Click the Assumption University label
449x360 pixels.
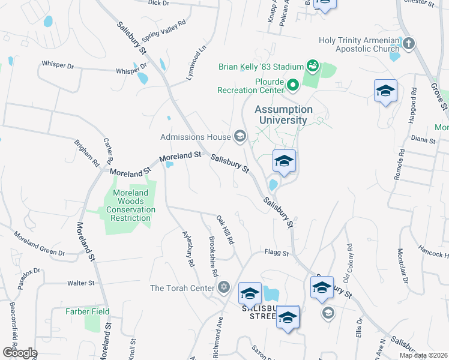283,115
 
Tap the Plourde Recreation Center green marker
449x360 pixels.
293,85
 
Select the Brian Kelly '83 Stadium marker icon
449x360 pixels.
312,65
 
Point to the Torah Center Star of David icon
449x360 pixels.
224,288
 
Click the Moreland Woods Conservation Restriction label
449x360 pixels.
131,205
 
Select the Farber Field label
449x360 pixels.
88,311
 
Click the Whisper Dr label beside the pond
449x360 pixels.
127,71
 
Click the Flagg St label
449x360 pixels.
278,253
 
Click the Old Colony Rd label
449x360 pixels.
348,263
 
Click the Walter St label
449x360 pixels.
81,283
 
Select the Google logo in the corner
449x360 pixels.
19,353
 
